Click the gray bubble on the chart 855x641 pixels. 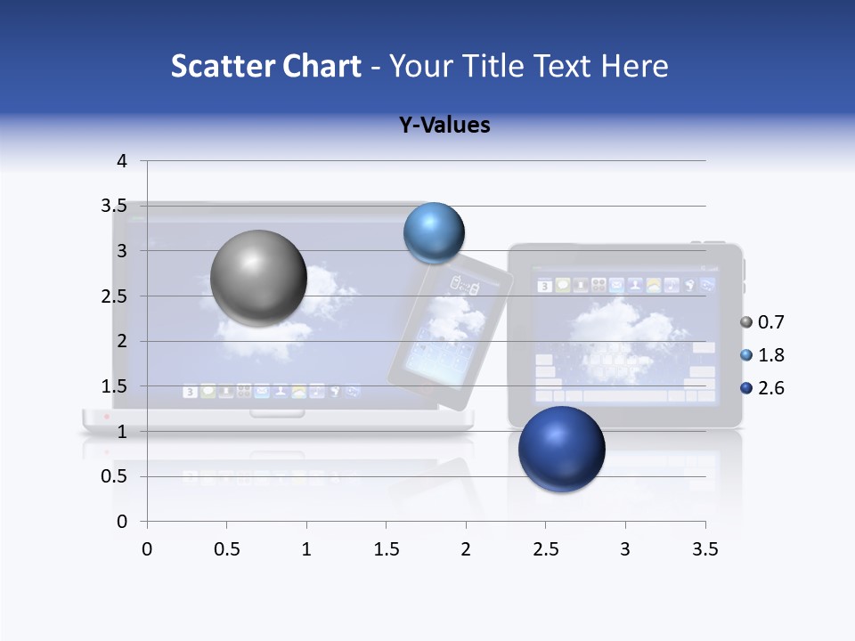(x=259, y=278)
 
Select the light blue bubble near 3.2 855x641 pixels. (x=435, y=232)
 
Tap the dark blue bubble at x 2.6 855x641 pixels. (x=561, y=449)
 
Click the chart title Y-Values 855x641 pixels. (x=444, y=125)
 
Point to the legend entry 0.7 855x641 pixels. (x=770, y=322)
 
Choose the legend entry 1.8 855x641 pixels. (x=770, y=355)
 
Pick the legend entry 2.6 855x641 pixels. (x=770, y=388)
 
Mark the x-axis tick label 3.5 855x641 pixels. (x=705, y=549)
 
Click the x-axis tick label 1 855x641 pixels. (x=307, y=549)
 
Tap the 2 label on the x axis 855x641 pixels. (x=466, y=549)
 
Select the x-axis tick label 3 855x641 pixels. (x=625, y=549)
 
